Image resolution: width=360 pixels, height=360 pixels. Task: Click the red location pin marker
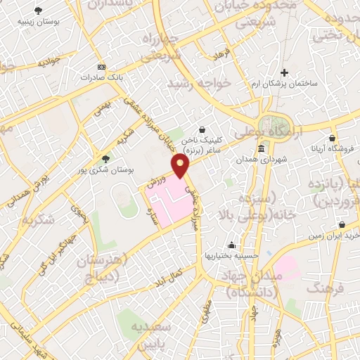click(x=181, y=166)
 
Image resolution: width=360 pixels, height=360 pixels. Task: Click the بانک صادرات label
click(x=96, y=77)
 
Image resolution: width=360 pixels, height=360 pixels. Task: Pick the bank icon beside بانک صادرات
click(x=101, y=65)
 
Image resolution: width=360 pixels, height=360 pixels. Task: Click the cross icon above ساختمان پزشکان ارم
click(x=284, y=72)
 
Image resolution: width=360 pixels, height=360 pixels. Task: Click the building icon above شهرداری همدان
click(x=261, y=148)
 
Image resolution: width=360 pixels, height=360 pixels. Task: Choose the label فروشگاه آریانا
click(x=334, y=149)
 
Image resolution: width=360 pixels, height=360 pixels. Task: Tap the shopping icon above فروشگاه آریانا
click(x=332, y=138)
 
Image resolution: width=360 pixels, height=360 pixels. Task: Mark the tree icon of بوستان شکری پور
click(x=105, y=159)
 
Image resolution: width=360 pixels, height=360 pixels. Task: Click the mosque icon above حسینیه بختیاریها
click(x=231, y=245)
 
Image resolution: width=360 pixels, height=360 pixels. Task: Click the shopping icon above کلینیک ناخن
click(x=202, y=129)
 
